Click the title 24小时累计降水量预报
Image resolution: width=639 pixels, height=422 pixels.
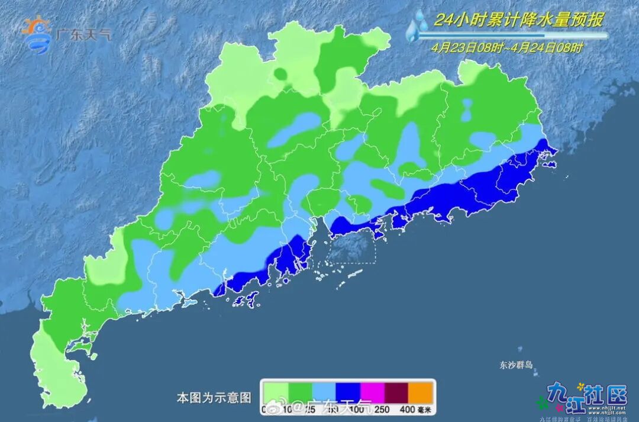click(x=519, y=20)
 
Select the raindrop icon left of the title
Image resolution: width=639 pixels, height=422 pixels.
click(x=418, y=28)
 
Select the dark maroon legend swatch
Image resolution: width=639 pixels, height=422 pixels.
click(x=397, y=391)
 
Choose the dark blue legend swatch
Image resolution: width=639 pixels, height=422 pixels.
click(x=348, y=391)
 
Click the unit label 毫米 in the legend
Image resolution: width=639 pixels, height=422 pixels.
click(x=427, y=409)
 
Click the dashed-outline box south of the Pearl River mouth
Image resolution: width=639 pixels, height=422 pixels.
click(x=353, y=248)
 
